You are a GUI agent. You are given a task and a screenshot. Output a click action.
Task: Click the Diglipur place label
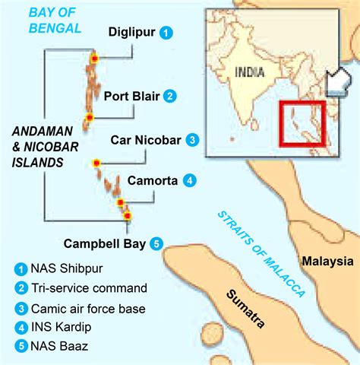[x=131, y=33]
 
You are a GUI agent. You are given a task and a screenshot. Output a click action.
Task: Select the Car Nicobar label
[x=144, y=140]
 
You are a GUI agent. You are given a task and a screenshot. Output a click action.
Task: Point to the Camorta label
[x=153, y=181]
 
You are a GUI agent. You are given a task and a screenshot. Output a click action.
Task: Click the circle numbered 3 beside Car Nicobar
[x=193, y=140]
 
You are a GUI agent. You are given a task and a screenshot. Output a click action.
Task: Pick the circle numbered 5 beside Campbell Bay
[x=156, y=244]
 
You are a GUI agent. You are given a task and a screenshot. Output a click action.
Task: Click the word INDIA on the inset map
[x=250, y=74]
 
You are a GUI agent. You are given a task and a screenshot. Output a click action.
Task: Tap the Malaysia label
[x=327, y=262]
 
